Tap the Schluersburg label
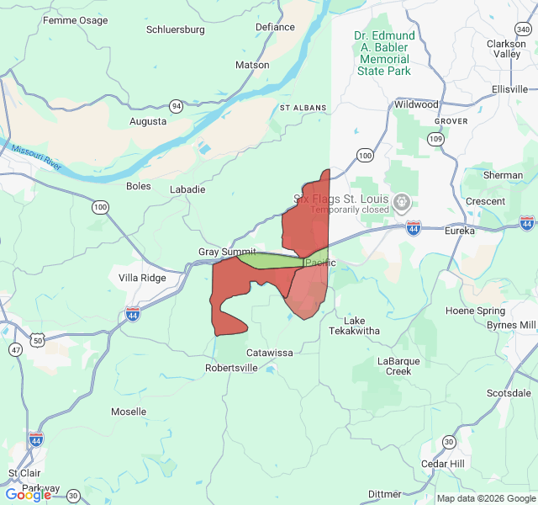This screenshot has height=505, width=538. coord(175,29)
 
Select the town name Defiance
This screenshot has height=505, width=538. coord(275,27)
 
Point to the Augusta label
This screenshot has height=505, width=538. coord(148,121)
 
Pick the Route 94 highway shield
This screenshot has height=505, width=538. coord(176,106)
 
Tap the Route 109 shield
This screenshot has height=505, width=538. coord(435,138)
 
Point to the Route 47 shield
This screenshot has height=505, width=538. coord(15,348)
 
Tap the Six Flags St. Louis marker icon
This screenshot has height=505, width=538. coord(402,202)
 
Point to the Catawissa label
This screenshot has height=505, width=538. coord(270,353)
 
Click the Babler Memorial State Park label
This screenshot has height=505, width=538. coord(383,54)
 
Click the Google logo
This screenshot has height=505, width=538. coord(28,495)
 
